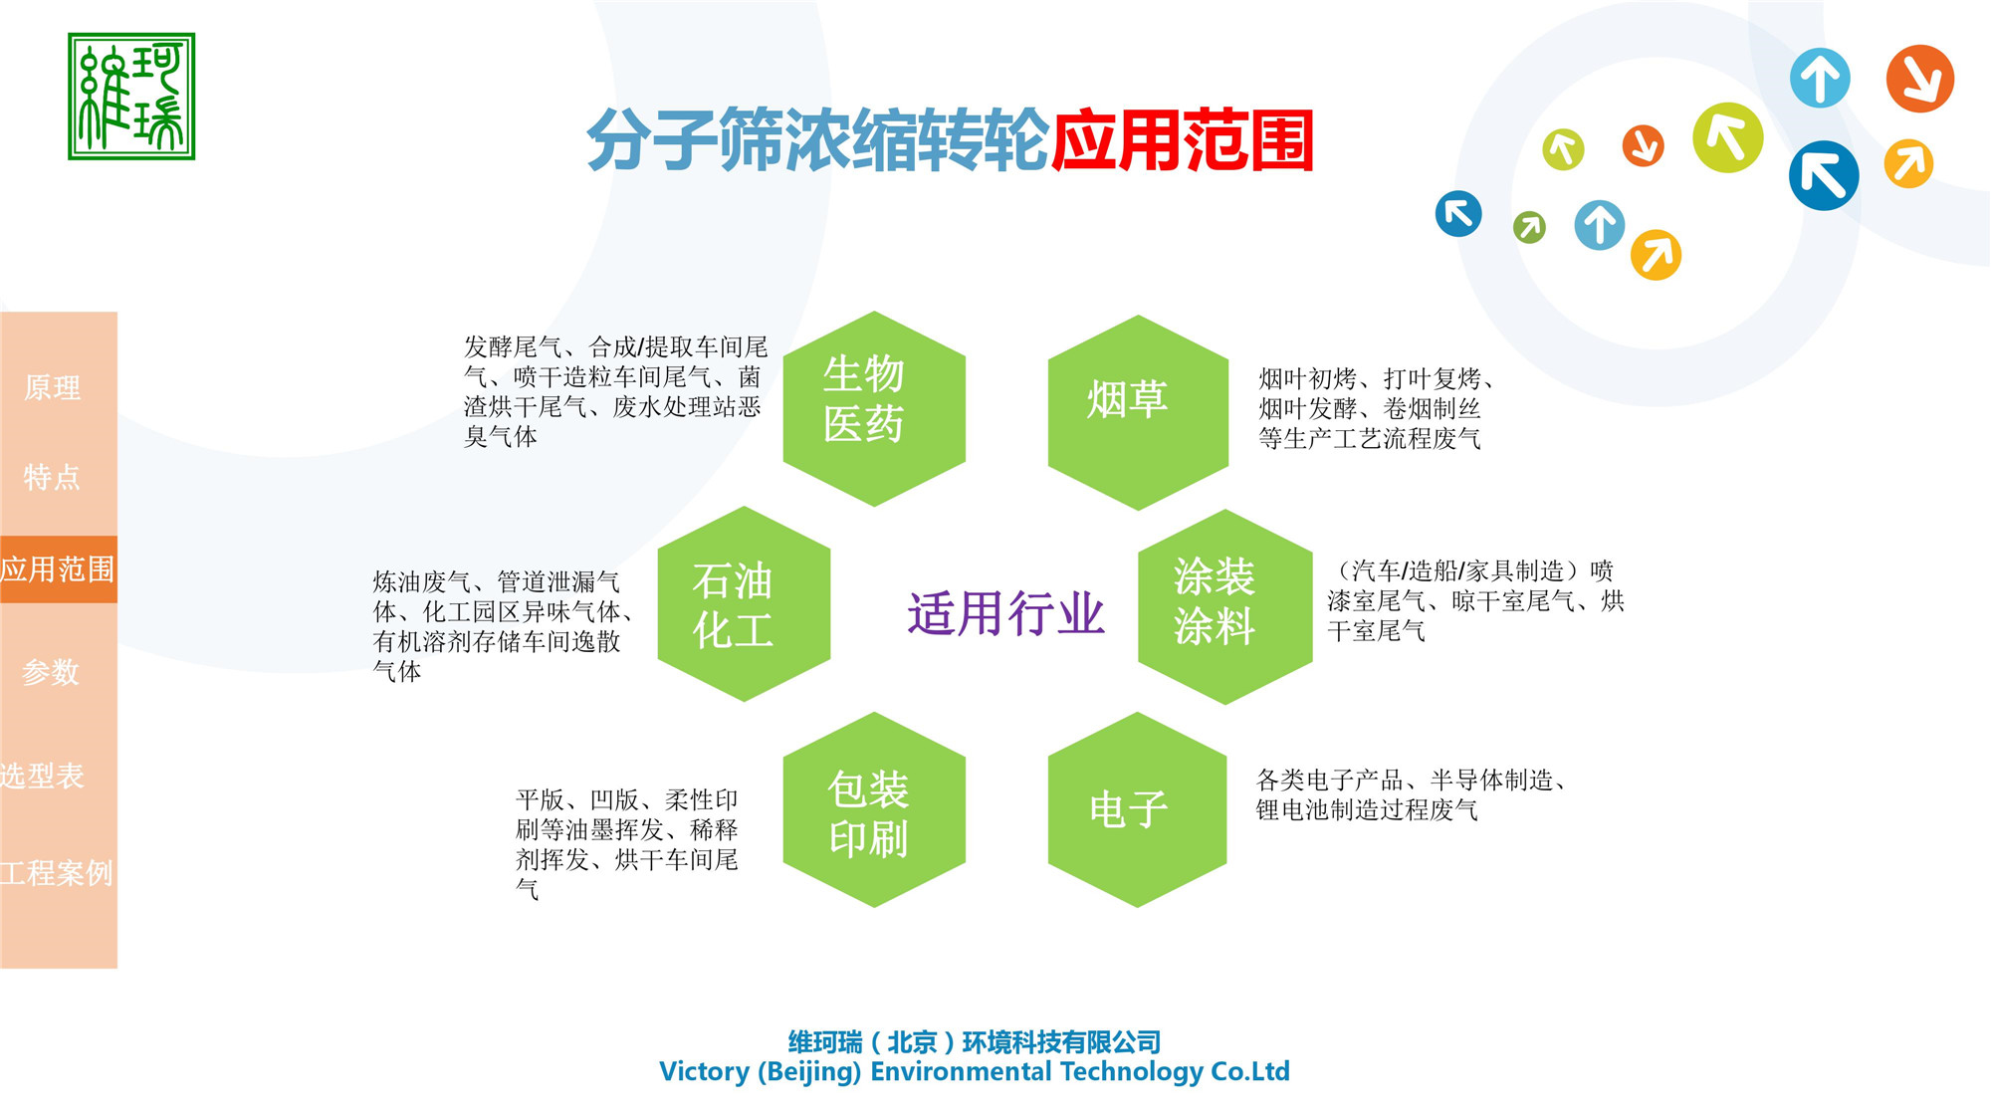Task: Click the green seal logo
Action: tap(131, 97)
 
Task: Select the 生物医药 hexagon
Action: tap(873, 408)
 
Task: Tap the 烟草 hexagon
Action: tap(1137, 411)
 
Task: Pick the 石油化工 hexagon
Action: tap(744, 604)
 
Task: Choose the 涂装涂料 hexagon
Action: tap(1224, 606)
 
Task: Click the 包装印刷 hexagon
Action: tap(873, 809)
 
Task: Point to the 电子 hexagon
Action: tap(1137, 809)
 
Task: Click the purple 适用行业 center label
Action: tap(1005, 613)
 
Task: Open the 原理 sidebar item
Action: tap(53, 387)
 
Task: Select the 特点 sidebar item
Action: tap(53, 477)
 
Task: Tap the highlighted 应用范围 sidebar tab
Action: tap(58, 569)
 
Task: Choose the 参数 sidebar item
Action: tap(51, 672)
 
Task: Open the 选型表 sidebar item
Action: tap(43, 776)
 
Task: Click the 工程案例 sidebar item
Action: tap(57, 873)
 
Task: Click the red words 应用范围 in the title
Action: tap(1183, 140)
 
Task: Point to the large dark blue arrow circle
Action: tap(1823, 176)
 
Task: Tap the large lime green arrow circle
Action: tap(1727, 137)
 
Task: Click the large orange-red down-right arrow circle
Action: tap(1919, 79)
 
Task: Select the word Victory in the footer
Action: tap(704, 1071)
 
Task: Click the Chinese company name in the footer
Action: tap(975, 1042)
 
